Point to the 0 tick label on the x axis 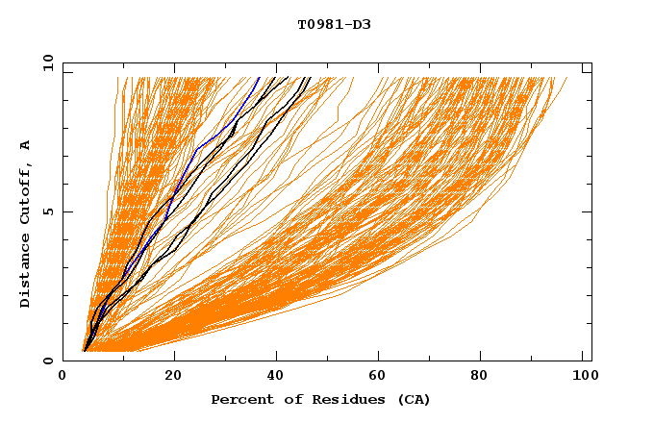point(63,376)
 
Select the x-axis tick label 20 point(168,376)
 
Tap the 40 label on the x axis point(274,376)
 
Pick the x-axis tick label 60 point(380,376)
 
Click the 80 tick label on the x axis point(486,376)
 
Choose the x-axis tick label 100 point(582,376)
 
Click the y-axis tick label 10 point(47,62)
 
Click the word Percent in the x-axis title point(239,399)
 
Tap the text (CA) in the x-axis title point(415,399)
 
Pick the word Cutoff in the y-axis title point(25,191)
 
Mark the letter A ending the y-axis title point(25,144)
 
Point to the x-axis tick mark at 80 point(486,357)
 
